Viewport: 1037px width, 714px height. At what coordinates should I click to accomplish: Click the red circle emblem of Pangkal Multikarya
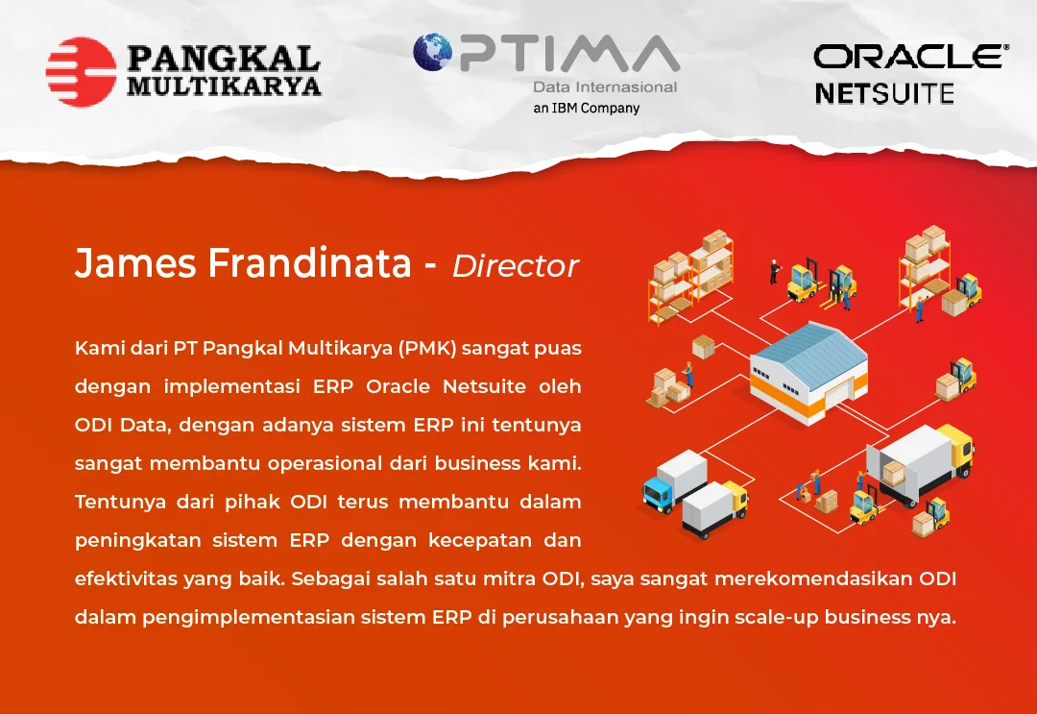point(81,71)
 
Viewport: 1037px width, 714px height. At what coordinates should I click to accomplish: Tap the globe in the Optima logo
point(432,52)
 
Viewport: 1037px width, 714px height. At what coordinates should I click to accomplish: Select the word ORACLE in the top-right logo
point(907,57)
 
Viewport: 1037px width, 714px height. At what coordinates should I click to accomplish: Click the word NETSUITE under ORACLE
point(884,93)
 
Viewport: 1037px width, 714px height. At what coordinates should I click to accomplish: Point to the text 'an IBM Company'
point(587,108)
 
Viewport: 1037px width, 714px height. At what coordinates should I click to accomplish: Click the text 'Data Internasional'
point(605,86)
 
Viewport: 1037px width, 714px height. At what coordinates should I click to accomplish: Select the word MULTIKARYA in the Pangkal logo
point(224,86)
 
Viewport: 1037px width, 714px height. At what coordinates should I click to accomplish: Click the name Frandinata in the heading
point(309,262)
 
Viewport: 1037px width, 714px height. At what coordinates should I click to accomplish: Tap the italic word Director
point(516,265)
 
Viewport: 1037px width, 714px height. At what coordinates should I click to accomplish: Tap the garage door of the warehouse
point(837,396)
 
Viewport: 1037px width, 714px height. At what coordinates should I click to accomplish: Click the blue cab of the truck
point(657,490)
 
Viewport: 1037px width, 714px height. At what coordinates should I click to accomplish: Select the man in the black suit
point(774,272)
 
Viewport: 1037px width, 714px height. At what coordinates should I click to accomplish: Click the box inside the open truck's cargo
point(894,473)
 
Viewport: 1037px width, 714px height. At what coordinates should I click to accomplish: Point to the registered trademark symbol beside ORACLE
point(1006,48)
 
